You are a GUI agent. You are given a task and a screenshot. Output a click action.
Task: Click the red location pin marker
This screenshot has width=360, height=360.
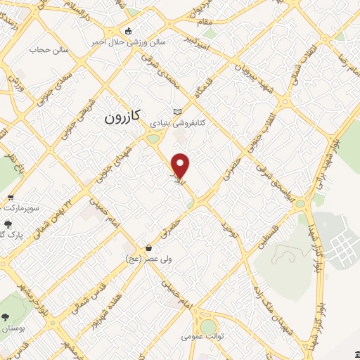(181, 165)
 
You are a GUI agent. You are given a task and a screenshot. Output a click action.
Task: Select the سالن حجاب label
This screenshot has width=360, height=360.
(47, 50)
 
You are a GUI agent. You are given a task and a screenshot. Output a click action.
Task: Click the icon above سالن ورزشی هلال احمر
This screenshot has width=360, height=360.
(128, 31)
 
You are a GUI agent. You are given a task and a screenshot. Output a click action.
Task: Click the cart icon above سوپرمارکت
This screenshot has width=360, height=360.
(11, 198)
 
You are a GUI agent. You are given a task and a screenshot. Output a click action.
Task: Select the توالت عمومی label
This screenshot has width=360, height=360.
(202, 337)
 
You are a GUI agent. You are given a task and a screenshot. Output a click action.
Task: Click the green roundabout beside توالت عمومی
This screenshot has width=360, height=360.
(208, 327)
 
